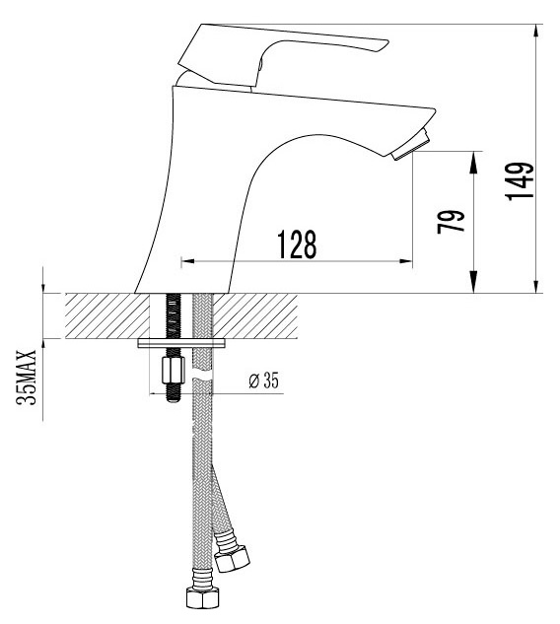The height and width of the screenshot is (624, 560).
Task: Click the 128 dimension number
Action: click(297, 243)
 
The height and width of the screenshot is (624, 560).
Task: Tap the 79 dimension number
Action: click(451, 222)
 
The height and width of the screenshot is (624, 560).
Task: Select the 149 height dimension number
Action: click(520, 181)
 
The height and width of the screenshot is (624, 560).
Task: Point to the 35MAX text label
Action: click(27, 378)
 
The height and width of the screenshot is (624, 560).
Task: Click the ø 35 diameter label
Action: click(264, 381)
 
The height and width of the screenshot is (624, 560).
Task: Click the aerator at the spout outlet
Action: click(412, 145)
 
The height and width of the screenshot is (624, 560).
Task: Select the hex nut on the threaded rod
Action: click(174, 370)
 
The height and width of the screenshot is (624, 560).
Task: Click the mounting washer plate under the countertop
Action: click(181, 343)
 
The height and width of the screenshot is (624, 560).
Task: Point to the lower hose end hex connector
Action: click(201, 596)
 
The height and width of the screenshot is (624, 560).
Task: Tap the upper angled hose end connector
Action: click(232, 559)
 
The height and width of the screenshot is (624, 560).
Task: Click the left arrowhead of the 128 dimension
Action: click(187, 261)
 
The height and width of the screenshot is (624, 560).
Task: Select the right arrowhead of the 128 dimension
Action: click(405, 261)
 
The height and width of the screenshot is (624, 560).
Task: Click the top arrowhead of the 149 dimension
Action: click(537, 31)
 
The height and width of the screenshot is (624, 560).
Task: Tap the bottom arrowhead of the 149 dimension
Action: click(537, 286)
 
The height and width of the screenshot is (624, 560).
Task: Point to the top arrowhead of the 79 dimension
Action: click(473, 163)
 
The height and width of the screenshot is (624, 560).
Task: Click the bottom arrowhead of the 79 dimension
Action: click(473, 282)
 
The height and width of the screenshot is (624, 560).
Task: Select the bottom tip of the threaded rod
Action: click(173, 400)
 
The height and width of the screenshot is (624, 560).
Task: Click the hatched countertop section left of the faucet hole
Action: click(107, 316)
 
